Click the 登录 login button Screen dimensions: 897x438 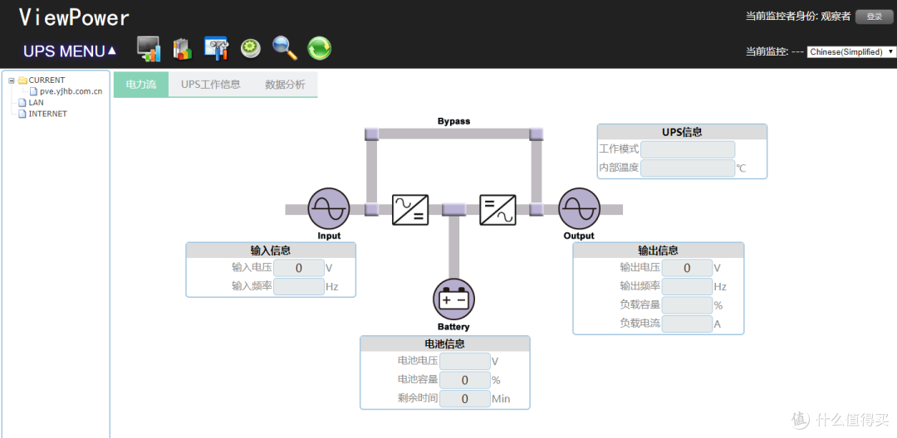pyautogui.click(x=874, y=17)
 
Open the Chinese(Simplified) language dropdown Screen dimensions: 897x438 pyautogui.click(x=850, y=51)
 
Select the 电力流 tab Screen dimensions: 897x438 pyautogui.click(x=140, y=85)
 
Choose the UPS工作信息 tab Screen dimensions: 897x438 pyautogui.click(x=210, y=85)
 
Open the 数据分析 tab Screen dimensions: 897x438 pyautogui.click(x=285, y=85)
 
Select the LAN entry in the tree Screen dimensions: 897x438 pyautogui.click(x=36, y=102)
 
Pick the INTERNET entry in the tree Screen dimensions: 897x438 pyautogui.click(x=47, y=114)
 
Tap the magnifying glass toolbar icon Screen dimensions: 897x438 pyautogui.click(x=285, y=48)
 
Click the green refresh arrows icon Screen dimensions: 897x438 pyautogui.click(x=319, y=49)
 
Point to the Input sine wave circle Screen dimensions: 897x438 pyautogui.click(x=328, y=209)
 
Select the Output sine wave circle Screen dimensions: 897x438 pyautogui.click(x=579, y=209)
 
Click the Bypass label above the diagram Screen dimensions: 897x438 pyautogui.click(x=453, y=121)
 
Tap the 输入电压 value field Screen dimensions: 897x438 pyautogui.click(x=299, y=268)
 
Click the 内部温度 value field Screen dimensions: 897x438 pyautogui.click(x=688, y=168)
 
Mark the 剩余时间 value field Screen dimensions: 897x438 pyautogui.click(x=464, y=398)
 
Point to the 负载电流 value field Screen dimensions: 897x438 pyautogui.click(x=687, y=324)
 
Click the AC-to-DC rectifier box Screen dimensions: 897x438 pyautogui.click(x=410, y=210)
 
